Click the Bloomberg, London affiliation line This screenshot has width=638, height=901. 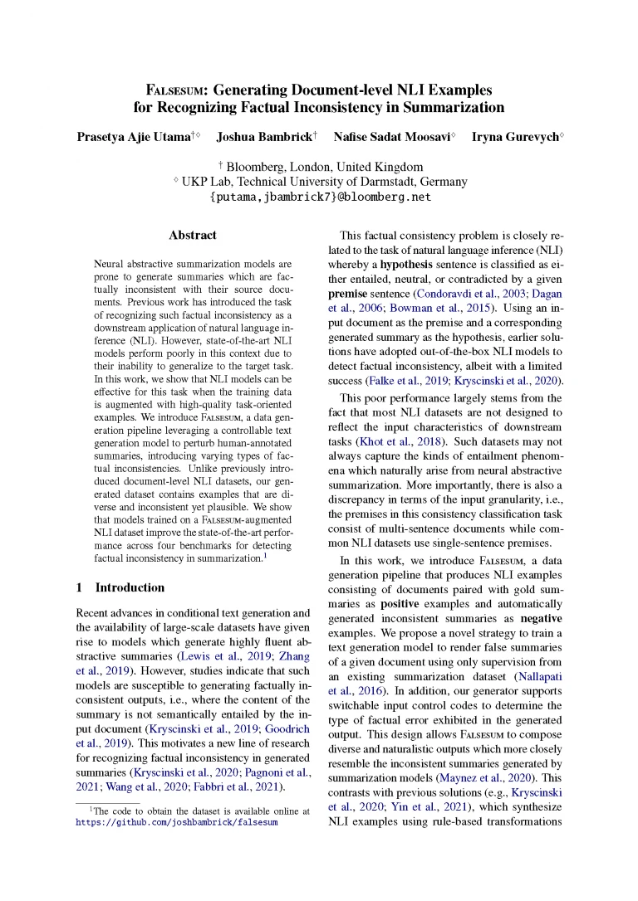320,166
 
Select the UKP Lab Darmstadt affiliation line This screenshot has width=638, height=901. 320,182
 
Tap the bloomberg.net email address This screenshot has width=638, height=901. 320,197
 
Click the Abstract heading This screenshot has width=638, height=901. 193,236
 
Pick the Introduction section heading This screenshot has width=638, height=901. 130,587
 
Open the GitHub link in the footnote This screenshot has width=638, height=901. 176,823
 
